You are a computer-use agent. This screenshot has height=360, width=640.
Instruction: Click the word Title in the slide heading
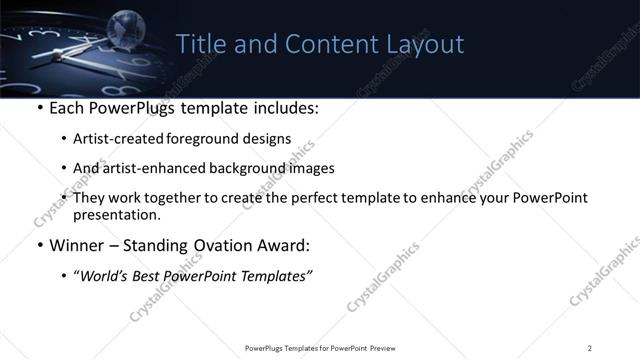coord(199,45)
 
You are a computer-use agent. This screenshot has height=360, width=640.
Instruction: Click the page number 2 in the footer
coord(590,348)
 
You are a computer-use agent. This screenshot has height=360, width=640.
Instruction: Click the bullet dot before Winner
coord(38,246)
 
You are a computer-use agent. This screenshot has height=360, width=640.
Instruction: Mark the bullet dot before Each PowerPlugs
coord(38,108)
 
